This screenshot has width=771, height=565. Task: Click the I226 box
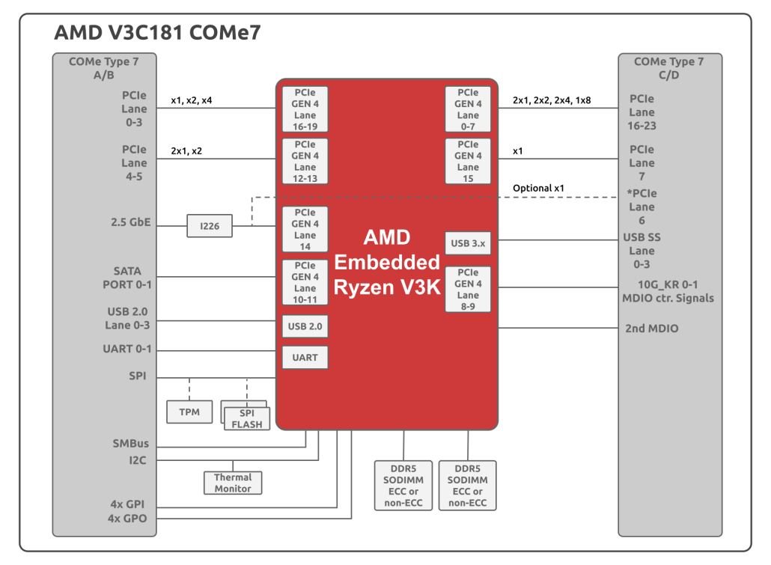click(210, 226)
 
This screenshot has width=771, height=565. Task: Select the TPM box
click(189, 412)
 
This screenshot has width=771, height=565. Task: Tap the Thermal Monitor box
click(233, 483)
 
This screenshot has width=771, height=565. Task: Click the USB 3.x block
click(468, 243)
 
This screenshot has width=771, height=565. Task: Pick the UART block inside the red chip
click(305, 358)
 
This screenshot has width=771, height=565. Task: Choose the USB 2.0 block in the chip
click(305, 326)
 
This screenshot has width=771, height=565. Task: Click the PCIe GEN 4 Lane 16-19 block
click(305, 109)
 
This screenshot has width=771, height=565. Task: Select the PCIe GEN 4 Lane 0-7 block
click(468, 109)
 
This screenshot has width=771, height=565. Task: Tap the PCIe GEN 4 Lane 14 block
click(305, 229)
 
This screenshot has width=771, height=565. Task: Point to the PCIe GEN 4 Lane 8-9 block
click(468, 289)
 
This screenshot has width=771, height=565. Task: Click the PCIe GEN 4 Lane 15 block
click(468, 162)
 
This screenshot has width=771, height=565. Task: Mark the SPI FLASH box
click(247, 418)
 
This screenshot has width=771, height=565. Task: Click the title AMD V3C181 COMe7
click(157, 32)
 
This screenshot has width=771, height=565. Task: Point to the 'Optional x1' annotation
click(538, 188)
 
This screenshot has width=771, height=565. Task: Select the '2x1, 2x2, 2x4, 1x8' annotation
click(552, 100)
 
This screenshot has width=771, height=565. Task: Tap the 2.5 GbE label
click(131, 222)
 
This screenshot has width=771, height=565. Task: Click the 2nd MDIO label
click(651, 328)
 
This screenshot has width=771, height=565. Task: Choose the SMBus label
click(131, 443)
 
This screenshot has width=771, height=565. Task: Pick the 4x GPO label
click(127, 519)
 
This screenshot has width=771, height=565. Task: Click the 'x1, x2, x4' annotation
click(192, 100)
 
